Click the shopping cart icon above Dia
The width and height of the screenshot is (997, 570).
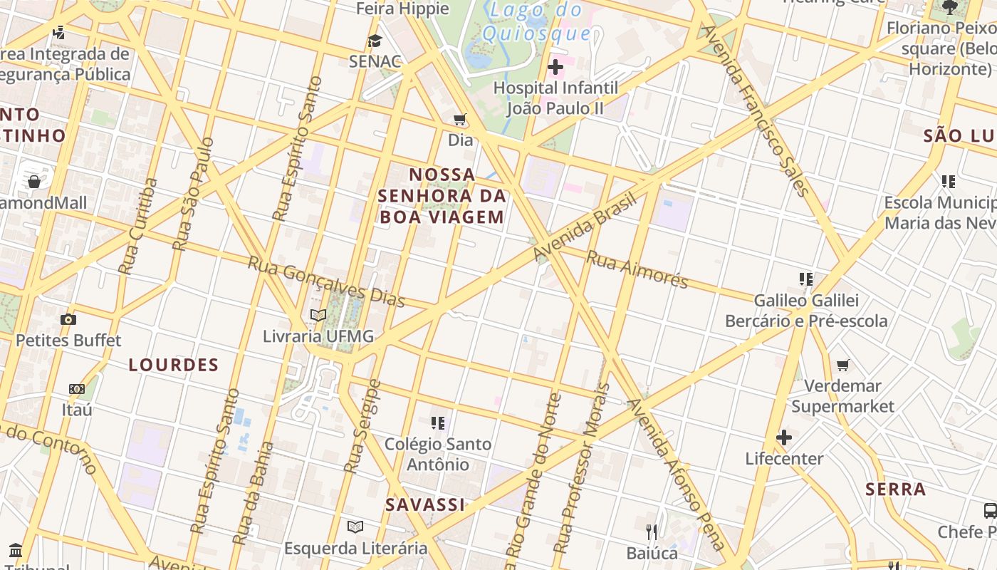tap(460, 119)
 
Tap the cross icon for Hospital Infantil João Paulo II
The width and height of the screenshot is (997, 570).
tap(555, 67)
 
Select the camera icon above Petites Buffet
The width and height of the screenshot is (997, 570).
tap(68, 319)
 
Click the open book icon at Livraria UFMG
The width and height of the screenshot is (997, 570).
tap(318, 315)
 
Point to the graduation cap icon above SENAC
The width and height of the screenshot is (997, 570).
tap(375, 41)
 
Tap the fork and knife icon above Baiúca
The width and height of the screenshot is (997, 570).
tap(652, 532)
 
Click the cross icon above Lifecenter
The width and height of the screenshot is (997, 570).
tap(784, 437)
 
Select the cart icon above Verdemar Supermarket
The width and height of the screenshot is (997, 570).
tap(843, 365)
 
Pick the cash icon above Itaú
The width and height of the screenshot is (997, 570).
tap(76, 389)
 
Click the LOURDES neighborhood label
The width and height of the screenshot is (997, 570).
tap(174, 366)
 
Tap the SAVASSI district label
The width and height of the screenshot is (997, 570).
tap(424, 505)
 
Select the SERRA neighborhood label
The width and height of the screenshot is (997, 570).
tap(896, 489)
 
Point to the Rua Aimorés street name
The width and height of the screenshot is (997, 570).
tap(637, 269)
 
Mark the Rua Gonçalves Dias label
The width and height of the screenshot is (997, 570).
tap(326, 281)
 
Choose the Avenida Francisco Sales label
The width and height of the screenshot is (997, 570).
tap(756, 110)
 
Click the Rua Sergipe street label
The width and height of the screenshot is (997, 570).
tap(362, 426)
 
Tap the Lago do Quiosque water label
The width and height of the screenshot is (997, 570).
tap(536, 21)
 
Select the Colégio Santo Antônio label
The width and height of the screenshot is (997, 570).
tap(438, 454)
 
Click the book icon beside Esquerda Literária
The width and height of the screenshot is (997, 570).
tap(355, 527)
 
